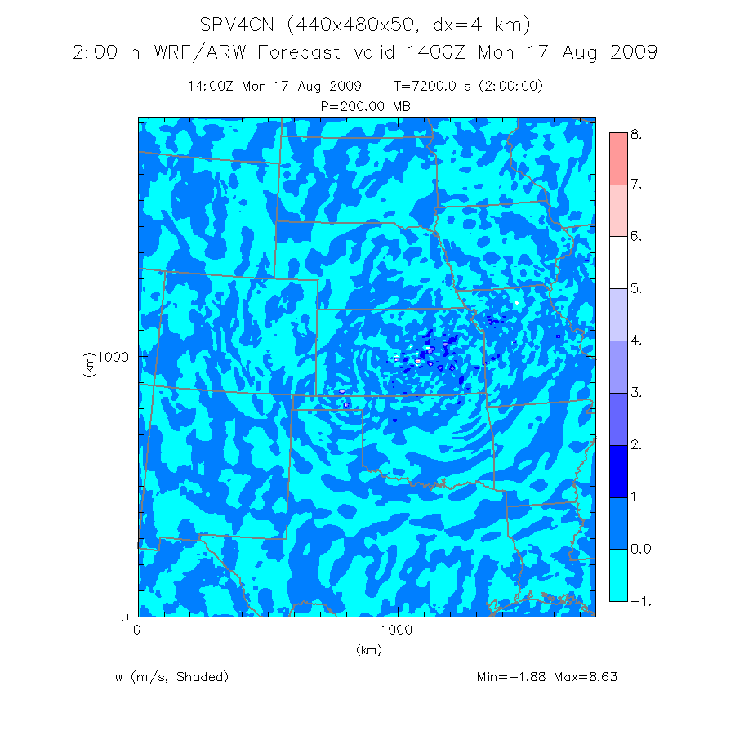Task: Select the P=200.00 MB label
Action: tap(366, 106)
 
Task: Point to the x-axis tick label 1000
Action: tap(397, 630)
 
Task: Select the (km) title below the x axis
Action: tap(368, 650)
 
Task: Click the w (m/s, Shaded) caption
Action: tap(172, 677)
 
